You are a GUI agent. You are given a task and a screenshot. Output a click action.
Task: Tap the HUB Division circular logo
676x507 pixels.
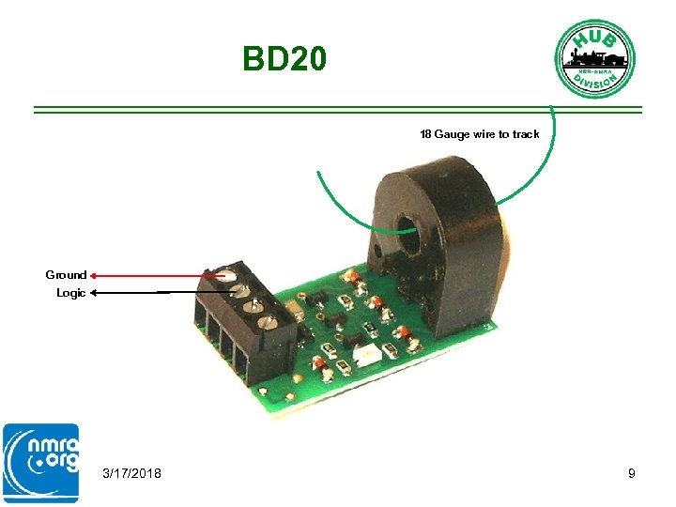pyautogui.click(x=594, y=57)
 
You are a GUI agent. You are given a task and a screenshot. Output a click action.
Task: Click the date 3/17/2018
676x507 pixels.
pyautogui.click(x=131, y=473)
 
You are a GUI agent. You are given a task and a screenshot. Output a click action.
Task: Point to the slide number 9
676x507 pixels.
pyautogui.click(x=632, y=473)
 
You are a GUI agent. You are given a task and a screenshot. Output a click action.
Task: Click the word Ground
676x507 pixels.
pyautogui.click(x=66, y=275)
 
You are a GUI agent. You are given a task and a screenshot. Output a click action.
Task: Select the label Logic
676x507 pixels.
pyautogui.click(x=70, y=293)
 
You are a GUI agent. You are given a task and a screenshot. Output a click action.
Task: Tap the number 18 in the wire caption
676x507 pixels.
pyautogui.click(x=425, y=134)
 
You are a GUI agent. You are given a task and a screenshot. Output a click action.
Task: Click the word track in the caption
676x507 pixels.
pyautogui.click(x=526, y=134)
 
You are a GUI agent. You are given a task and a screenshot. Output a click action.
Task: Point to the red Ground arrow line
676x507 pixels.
pyautogui.click(x=150, y=275)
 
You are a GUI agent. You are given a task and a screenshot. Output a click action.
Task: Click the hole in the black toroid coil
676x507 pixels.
pyautogui.click(x=409, y=226)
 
